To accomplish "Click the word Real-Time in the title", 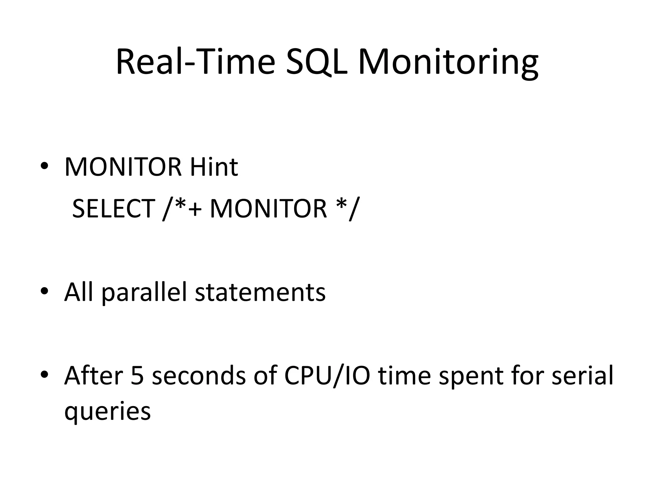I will pos(195,62).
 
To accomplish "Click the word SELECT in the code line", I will pos(114,209).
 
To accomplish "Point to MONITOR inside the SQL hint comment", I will pos(269,209).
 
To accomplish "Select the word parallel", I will pos(144,292).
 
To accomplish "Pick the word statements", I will pos(260,292).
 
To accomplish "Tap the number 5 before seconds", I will pos(137,375).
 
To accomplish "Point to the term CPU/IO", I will pos(327,375).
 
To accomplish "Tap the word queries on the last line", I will pos(107,411).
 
